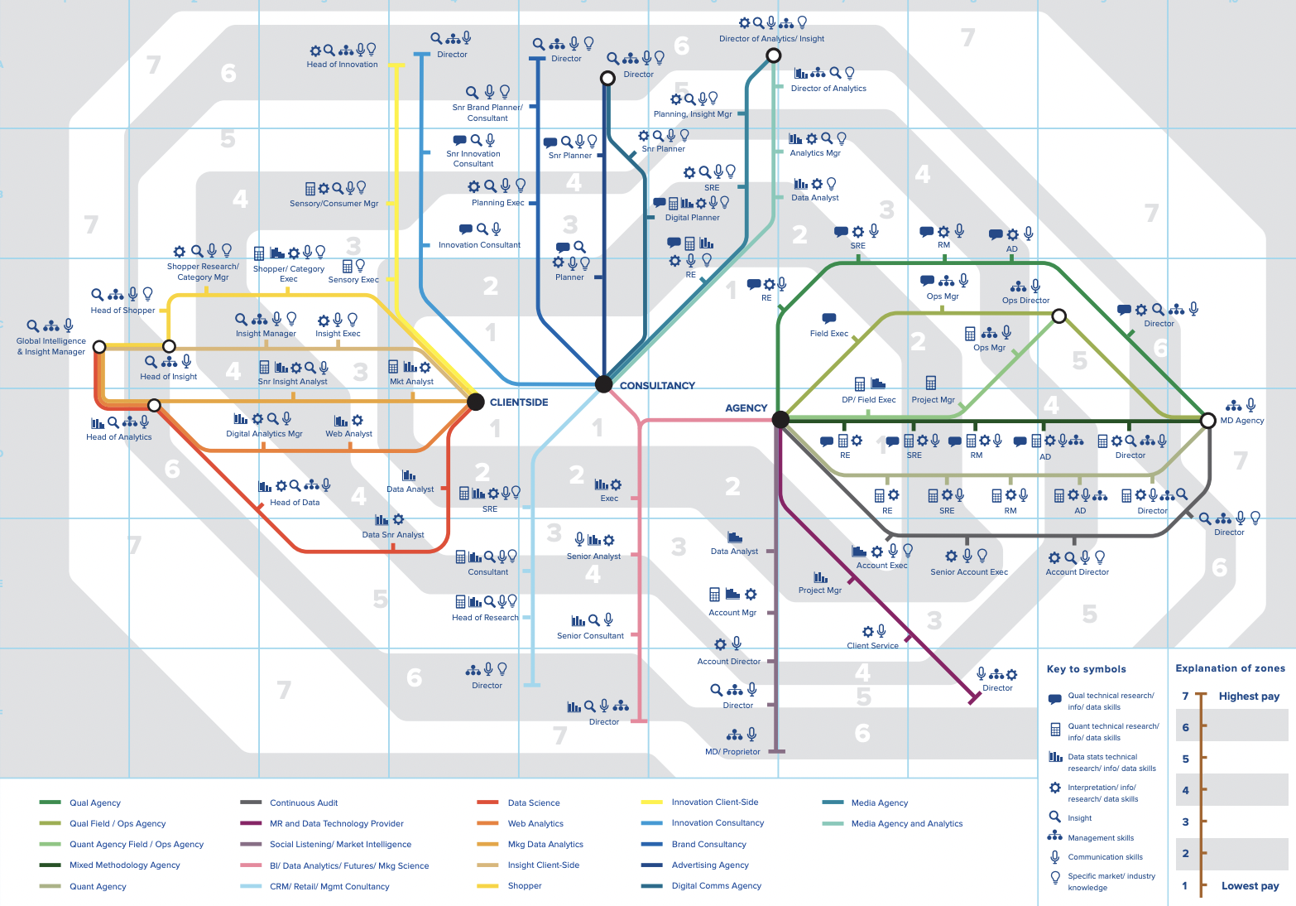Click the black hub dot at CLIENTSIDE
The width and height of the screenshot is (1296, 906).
(x=476, y=402)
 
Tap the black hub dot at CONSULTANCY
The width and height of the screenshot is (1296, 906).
(x=604, y=383)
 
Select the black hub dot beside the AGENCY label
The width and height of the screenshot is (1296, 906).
(x=780, y=420)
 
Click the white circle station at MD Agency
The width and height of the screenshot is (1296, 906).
(x=1208, y=420)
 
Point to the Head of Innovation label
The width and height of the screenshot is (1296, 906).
(x=342, y=65)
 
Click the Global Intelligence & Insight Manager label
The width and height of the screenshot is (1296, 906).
(x=51, y=346)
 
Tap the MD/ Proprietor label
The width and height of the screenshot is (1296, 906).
(x=732, y=752)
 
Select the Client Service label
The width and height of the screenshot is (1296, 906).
(x=872, y=646)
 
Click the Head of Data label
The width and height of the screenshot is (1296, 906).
(x=295, y=503)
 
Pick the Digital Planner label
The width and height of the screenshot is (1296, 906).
(x=693, y=218)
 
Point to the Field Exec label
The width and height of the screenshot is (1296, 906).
(x=829, y=334)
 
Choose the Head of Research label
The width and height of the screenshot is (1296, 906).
(x=485, y=618)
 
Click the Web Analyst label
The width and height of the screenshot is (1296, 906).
(x=348, y=434)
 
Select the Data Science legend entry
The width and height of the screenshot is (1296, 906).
(x=534, y=802)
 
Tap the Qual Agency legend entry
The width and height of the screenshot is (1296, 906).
(x=95, y=802)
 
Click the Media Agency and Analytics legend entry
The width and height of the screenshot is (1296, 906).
(x=907, y=824)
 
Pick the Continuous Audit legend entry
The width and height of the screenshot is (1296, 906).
(x=304, y=802)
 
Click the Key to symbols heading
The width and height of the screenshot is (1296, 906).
(x=1086, y=669)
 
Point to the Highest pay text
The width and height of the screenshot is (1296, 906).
(x=1249, y=696)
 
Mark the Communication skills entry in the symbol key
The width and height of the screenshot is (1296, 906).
(x=1105, y=857)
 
